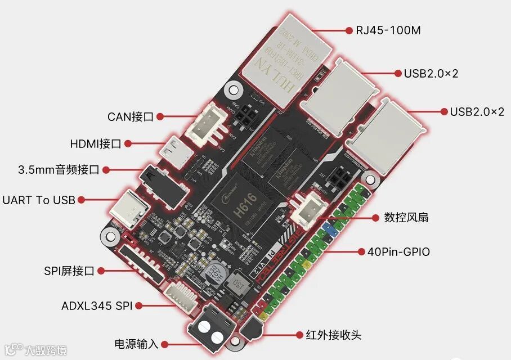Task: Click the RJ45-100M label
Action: (x=388, y=30)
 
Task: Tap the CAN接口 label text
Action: (x=131, y=117)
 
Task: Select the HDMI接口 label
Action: (x=96, y=144)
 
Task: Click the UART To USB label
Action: (x=39, y=200)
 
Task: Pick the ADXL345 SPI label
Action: (x=97, y=306)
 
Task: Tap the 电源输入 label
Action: (x=137, y=343)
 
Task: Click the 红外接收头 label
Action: (x=333, y=335)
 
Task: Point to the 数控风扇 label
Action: (x=406, y=217)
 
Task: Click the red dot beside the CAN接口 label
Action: (x=160, y=117)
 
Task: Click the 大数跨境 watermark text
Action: (x=45, y=350)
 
